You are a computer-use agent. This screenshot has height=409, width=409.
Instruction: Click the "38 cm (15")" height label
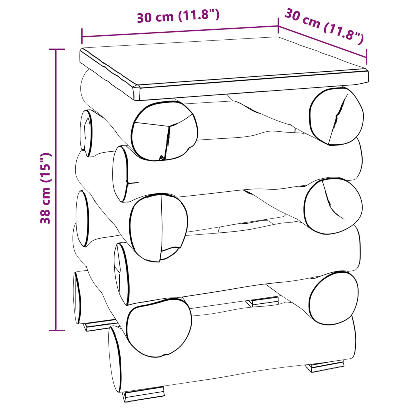[46, 188]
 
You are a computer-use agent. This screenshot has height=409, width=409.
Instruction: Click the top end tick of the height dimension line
[57, 49]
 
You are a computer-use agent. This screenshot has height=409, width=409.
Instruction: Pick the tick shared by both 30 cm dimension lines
[278, 25]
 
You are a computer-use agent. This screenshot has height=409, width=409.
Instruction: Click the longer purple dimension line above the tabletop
[180, 31]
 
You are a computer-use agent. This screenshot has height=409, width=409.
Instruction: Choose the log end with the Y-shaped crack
[164, 130]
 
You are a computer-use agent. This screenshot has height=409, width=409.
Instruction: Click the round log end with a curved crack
[333, 207]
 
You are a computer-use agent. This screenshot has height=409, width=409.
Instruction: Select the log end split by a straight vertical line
[159, 227]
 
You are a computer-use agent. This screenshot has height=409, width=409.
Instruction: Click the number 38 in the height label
[46, 217]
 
